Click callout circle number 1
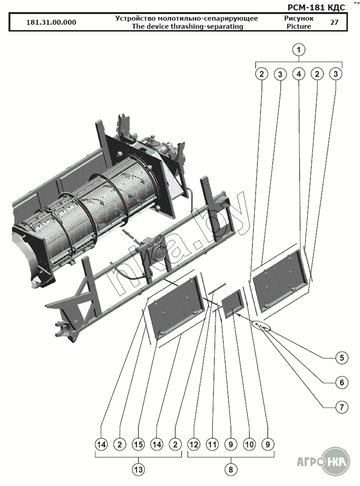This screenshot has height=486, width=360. [299, 49]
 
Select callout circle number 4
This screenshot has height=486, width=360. [299, 74]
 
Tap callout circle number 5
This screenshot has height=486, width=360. [341, 358]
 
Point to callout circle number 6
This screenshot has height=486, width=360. [341, 383]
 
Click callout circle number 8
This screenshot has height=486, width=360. [230, 469]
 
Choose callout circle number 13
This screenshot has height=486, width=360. [138, 469]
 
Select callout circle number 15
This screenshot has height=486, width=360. [138, 444]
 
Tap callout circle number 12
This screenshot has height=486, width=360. [193, 444]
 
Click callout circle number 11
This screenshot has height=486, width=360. [212, 444]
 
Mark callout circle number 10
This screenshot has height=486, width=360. [249, 444]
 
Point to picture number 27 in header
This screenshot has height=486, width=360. [334, 22]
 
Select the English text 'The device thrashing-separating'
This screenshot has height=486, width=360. [187, 26]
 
